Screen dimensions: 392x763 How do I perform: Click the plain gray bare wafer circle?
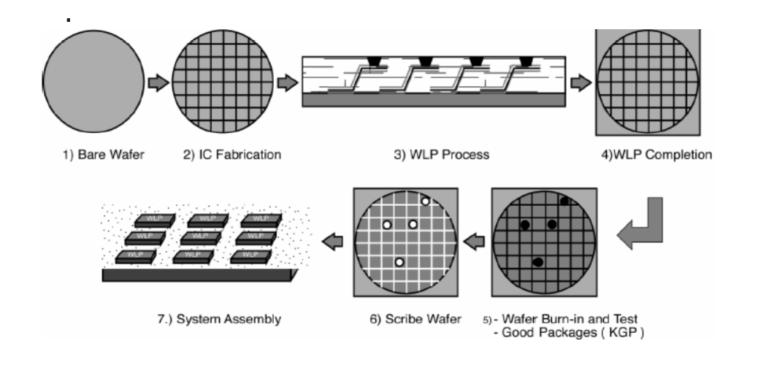tap(93, 82)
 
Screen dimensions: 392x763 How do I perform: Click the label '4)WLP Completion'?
tap(653, 155)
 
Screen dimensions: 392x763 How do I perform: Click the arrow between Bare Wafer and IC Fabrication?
tap(157, 83)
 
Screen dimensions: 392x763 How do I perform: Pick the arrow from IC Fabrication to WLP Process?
tap(288, 83)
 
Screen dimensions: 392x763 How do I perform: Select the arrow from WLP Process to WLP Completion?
tap(580, 83)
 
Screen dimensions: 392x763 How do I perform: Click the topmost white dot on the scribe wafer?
tap(424, 200)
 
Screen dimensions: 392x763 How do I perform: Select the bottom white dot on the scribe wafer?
tap(399, 262)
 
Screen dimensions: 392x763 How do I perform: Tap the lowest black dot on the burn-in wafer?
tap(538, 262)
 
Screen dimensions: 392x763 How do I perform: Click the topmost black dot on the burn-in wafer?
tap(564, 200)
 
